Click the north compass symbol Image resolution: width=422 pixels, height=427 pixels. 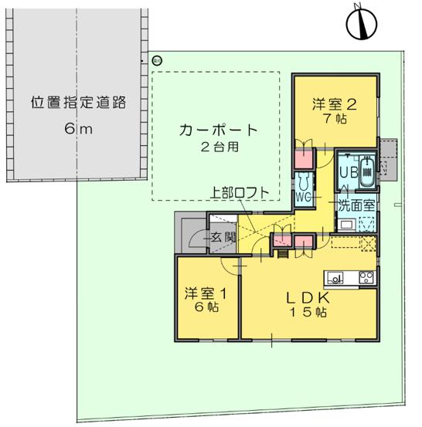point(362,23)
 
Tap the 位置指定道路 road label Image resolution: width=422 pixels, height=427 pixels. point(78,103)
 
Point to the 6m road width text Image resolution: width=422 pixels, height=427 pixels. point(78,128)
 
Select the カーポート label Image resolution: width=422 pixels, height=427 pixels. point(219,130)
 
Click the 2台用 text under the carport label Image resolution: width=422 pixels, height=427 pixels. point(220,147)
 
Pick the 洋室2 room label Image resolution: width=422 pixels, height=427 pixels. point(335,104)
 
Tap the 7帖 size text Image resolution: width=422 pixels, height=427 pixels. point(335,119)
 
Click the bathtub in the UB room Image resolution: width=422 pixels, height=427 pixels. point(367,171)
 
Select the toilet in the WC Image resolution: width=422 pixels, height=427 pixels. point(304,181)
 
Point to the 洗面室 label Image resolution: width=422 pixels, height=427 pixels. point(356,205)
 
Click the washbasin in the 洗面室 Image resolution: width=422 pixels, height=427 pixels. point(346,225)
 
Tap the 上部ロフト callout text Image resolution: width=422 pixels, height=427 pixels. point(240,193)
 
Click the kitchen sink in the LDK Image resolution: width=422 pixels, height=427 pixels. point(335,278)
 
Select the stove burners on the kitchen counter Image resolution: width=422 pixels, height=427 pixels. point(366,278)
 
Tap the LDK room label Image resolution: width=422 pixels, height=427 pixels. point(308,297)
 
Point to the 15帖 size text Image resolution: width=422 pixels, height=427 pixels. point(308,312)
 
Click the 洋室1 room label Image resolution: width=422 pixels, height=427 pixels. point(206,293)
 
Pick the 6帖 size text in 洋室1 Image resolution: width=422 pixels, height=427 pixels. point(206,307)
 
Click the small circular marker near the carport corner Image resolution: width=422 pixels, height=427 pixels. point(157,60)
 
